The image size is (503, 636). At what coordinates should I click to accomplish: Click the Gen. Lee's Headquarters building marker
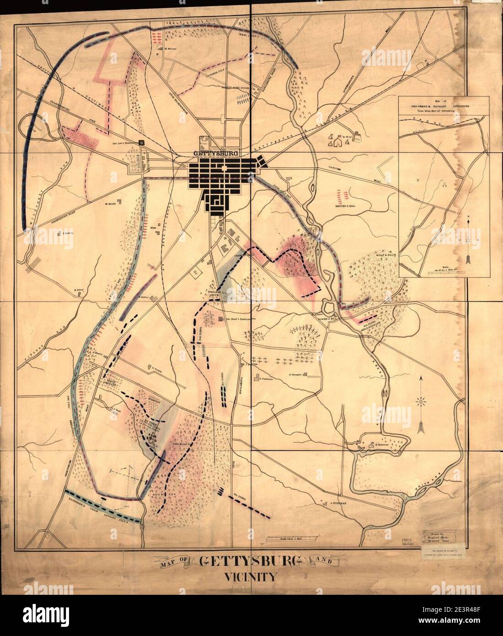pyautogui.click(x=142, y=142)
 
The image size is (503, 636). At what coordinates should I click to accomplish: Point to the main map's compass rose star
pyautogui.click(x=421, y=401)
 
